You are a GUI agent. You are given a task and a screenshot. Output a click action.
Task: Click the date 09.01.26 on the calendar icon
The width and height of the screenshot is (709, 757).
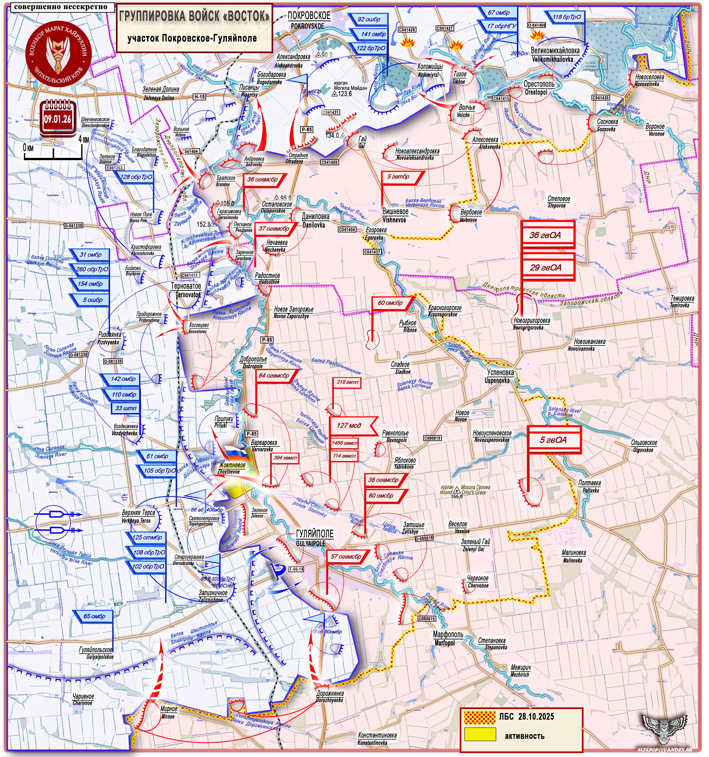57,119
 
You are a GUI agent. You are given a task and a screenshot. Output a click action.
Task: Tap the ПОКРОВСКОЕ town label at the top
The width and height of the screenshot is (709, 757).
309,16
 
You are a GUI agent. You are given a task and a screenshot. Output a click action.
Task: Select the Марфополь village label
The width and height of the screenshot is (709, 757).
448,634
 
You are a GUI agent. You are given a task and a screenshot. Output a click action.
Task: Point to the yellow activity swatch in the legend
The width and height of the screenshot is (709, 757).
480,734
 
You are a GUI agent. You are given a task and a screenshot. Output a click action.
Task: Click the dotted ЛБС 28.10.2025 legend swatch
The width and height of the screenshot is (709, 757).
480,717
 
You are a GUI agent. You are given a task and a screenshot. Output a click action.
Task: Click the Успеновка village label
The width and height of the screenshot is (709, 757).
500,372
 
